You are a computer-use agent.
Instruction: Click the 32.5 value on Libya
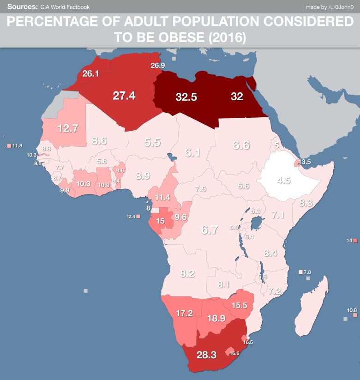[186, 97]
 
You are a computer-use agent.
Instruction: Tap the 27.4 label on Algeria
[124, 96]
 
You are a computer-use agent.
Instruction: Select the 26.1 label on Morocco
[90, 74]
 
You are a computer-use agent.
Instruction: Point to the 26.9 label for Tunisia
[157, 66]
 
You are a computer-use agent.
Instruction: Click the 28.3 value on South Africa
[206, 355]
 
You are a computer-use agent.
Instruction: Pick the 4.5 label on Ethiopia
[284, 181]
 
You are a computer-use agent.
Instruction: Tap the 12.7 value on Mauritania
[67, 128]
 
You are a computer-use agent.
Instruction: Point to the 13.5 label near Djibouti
[305, 162]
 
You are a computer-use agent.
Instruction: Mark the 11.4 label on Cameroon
[162, 197]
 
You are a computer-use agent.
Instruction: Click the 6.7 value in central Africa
[209, 229]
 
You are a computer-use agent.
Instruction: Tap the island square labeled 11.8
[9, 146]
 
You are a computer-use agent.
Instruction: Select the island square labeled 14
[354, 241]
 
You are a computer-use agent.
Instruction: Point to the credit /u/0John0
[341, 6]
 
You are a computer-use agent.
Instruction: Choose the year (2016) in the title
[226, 37]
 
